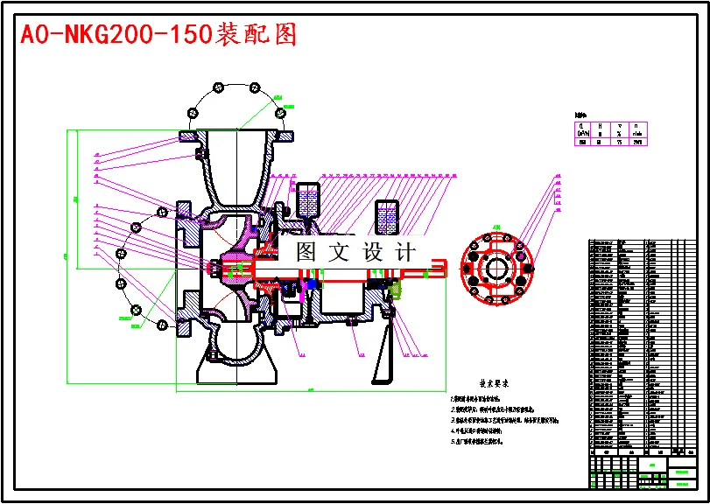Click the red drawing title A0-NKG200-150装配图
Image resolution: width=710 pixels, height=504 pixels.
(x=158, y=34)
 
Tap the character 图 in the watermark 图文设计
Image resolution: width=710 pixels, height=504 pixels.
(x=306, y=252)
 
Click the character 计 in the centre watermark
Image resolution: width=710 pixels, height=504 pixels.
(x=405, y=252)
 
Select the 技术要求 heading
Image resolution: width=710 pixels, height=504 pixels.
(x=493, y=383)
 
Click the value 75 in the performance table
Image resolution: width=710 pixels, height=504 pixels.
(x=618, y=141)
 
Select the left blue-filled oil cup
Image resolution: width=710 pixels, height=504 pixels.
(x=308, y=200)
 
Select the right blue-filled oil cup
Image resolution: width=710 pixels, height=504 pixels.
(x=387, y=215)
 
